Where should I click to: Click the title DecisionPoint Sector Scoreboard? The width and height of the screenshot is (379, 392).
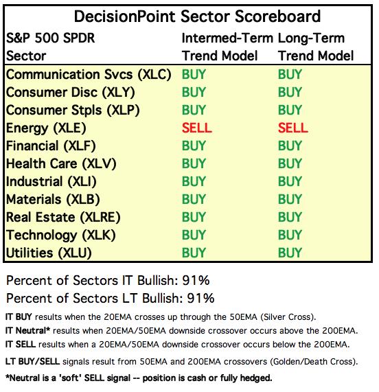point(197,16)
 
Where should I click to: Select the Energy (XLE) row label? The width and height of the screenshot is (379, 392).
point(46,128)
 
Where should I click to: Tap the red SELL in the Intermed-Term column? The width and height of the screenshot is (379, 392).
point(197,128)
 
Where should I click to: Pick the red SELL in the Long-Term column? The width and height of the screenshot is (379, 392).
point(292,128)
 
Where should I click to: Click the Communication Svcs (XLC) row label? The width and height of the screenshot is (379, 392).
point(89,75)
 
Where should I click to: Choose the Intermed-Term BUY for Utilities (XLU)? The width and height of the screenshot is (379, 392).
point(194,253)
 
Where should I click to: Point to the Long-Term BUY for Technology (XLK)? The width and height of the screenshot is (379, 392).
point(290,235)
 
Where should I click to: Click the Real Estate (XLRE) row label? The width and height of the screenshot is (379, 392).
point(63,217)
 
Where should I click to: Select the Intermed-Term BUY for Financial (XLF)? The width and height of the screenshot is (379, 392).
point(194,146)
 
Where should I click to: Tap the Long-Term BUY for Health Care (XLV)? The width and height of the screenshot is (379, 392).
point(290,164)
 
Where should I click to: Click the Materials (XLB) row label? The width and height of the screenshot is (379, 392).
point(53,200)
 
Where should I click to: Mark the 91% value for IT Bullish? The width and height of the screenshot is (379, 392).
point(196,280)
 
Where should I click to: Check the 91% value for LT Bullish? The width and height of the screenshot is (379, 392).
point(200,298)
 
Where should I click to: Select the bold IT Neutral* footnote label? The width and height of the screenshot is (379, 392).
point(27,330)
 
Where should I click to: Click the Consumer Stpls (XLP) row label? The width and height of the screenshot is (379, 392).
point(73,111)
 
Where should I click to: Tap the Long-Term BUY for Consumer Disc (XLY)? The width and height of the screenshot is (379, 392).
point(290,92)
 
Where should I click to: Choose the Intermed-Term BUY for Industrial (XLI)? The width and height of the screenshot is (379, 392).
point(194,181)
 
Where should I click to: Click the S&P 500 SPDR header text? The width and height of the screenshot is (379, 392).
point(51,38)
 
